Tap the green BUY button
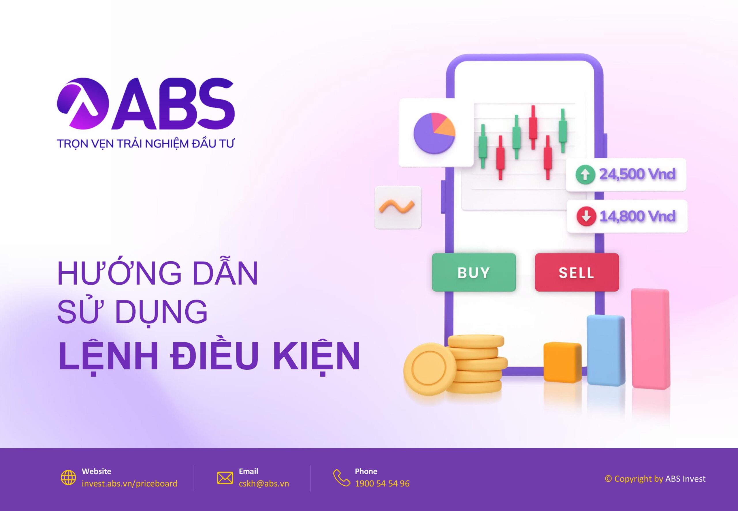pos(474,272)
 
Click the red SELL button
pos(577,272)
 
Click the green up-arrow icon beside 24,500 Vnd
pos(585,174)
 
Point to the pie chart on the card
pos(434,133)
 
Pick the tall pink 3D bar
pos(650,339)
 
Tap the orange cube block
pos(562,362)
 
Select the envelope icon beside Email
pos(225,478)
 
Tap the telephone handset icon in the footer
pos(342,478)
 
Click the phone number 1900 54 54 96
pos(382,484)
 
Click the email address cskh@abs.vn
pos(264,484)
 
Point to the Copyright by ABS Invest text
pos(655,478)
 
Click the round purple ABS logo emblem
pos(82,104)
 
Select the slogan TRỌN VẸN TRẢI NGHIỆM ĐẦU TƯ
pos(145,143)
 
